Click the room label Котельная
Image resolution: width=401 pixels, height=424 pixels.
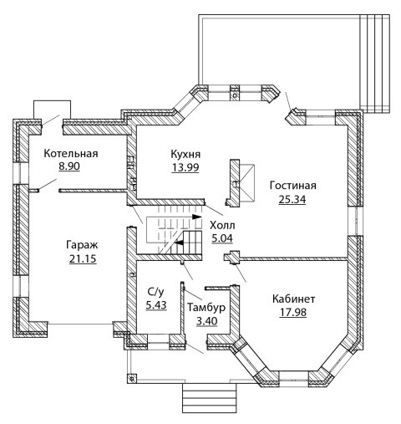[71, 154]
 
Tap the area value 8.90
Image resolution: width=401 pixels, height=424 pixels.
[69, 166]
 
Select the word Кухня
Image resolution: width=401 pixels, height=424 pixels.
[185, 154]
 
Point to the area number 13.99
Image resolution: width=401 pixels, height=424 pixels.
[185, 167]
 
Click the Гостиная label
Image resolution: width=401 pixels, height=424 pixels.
[293, 186]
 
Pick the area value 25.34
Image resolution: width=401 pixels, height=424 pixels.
[292, 199]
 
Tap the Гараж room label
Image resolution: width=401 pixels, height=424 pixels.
[82, 245]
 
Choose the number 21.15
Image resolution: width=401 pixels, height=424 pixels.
[83, 259]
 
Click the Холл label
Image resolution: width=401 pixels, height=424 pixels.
[222, 225]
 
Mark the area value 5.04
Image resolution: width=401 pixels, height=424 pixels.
[222, 238]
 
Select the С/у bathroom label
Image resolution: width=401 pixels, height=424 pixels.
[156, 292]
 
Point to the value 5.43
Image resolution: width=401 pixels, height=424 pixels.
[156, 305]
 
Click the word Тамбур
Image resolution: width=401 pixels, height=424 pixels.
[206, 308]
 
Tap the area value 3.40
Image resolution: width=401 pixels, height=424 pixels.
[207, 321]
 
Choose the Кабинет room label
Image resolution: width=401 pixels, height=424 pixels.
[294, 299]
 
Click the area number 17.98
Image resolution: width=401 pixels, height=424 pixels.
[293, 312]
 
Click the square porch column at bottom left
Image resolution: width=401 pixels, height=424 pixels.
[131, 379]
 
